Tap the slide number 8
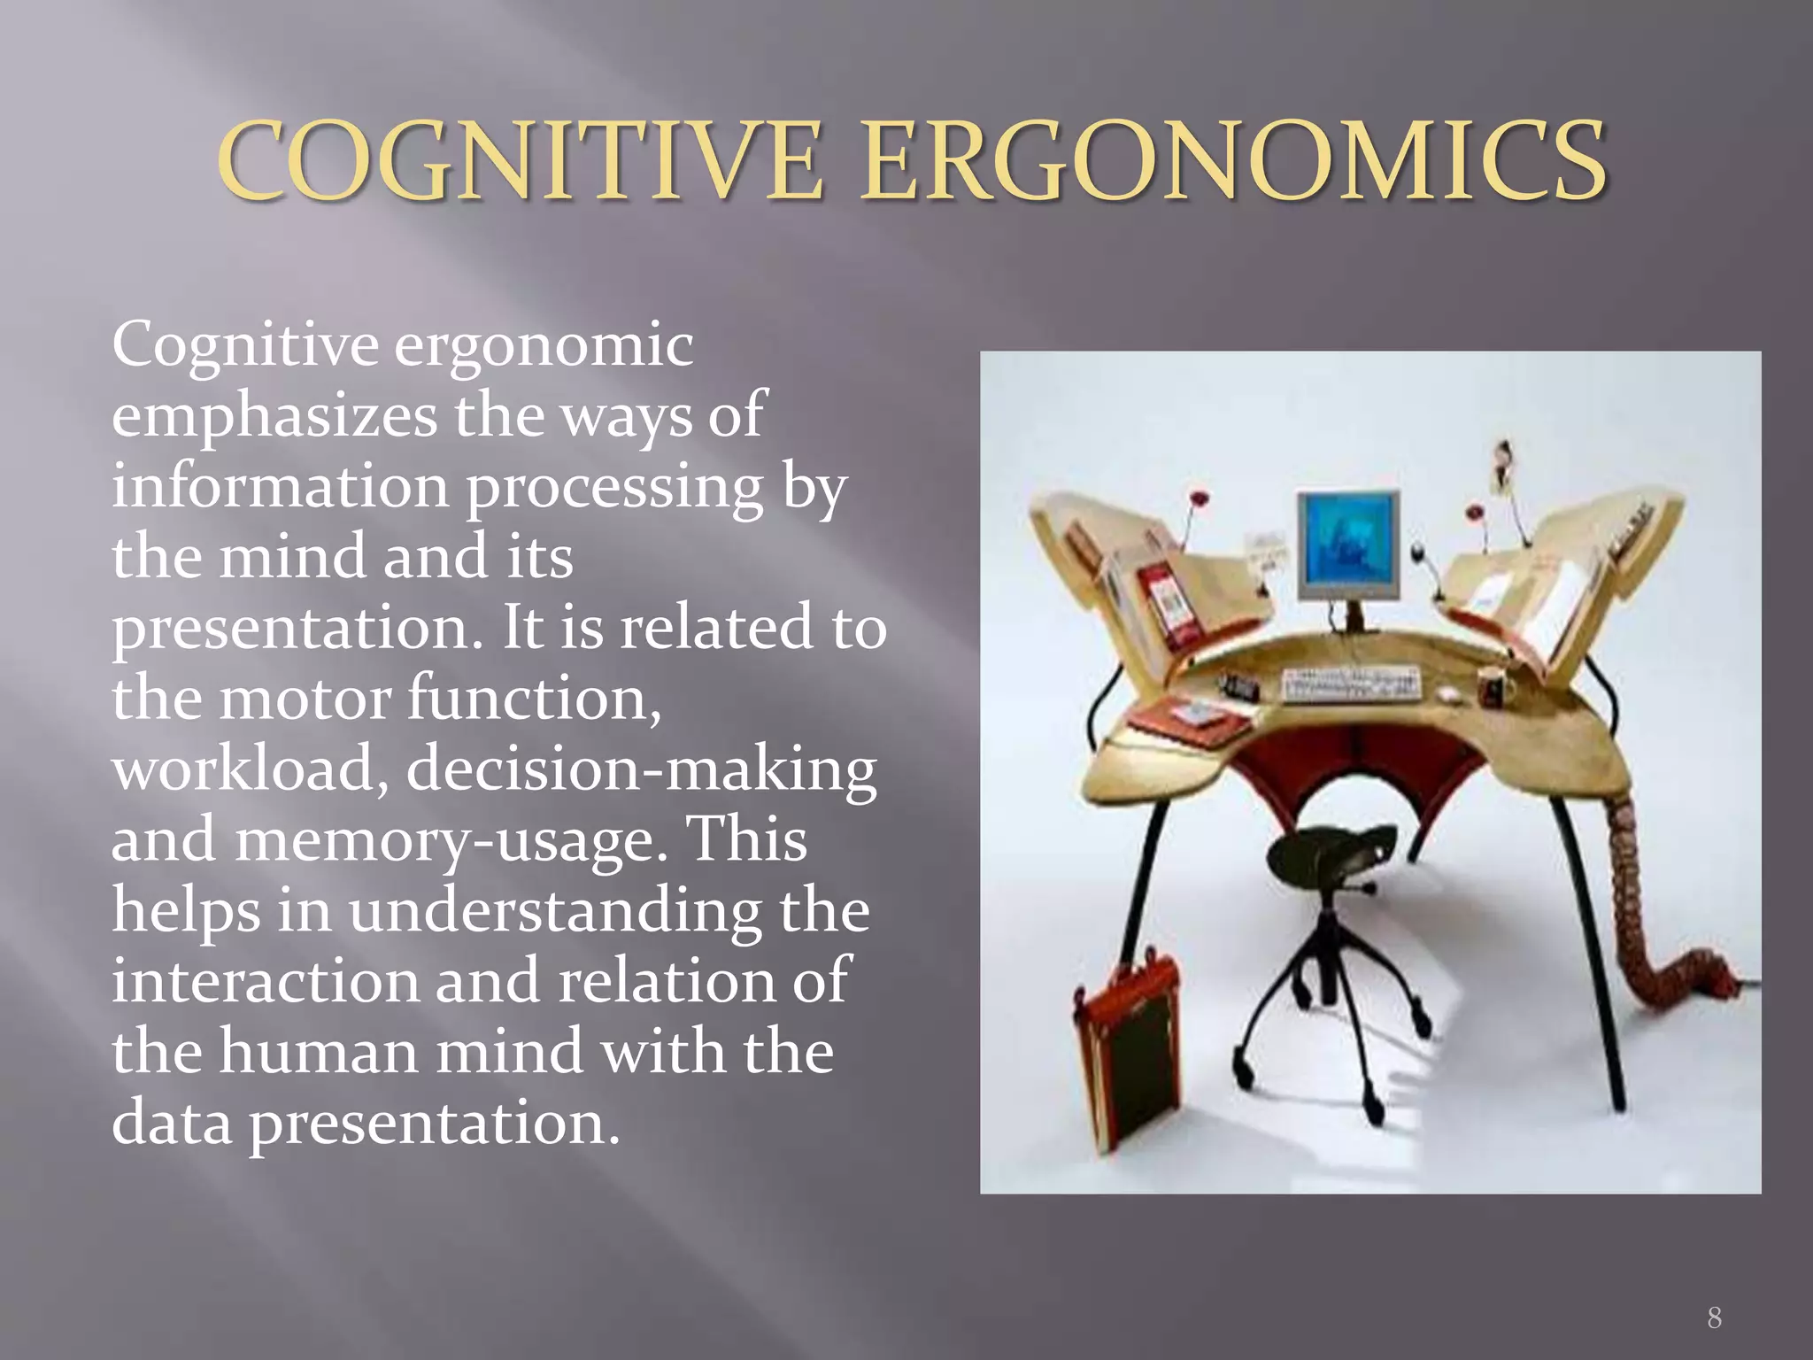(1714, 1317)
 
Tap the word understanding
(554, 912)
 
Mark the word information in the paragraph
(280, 487)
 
